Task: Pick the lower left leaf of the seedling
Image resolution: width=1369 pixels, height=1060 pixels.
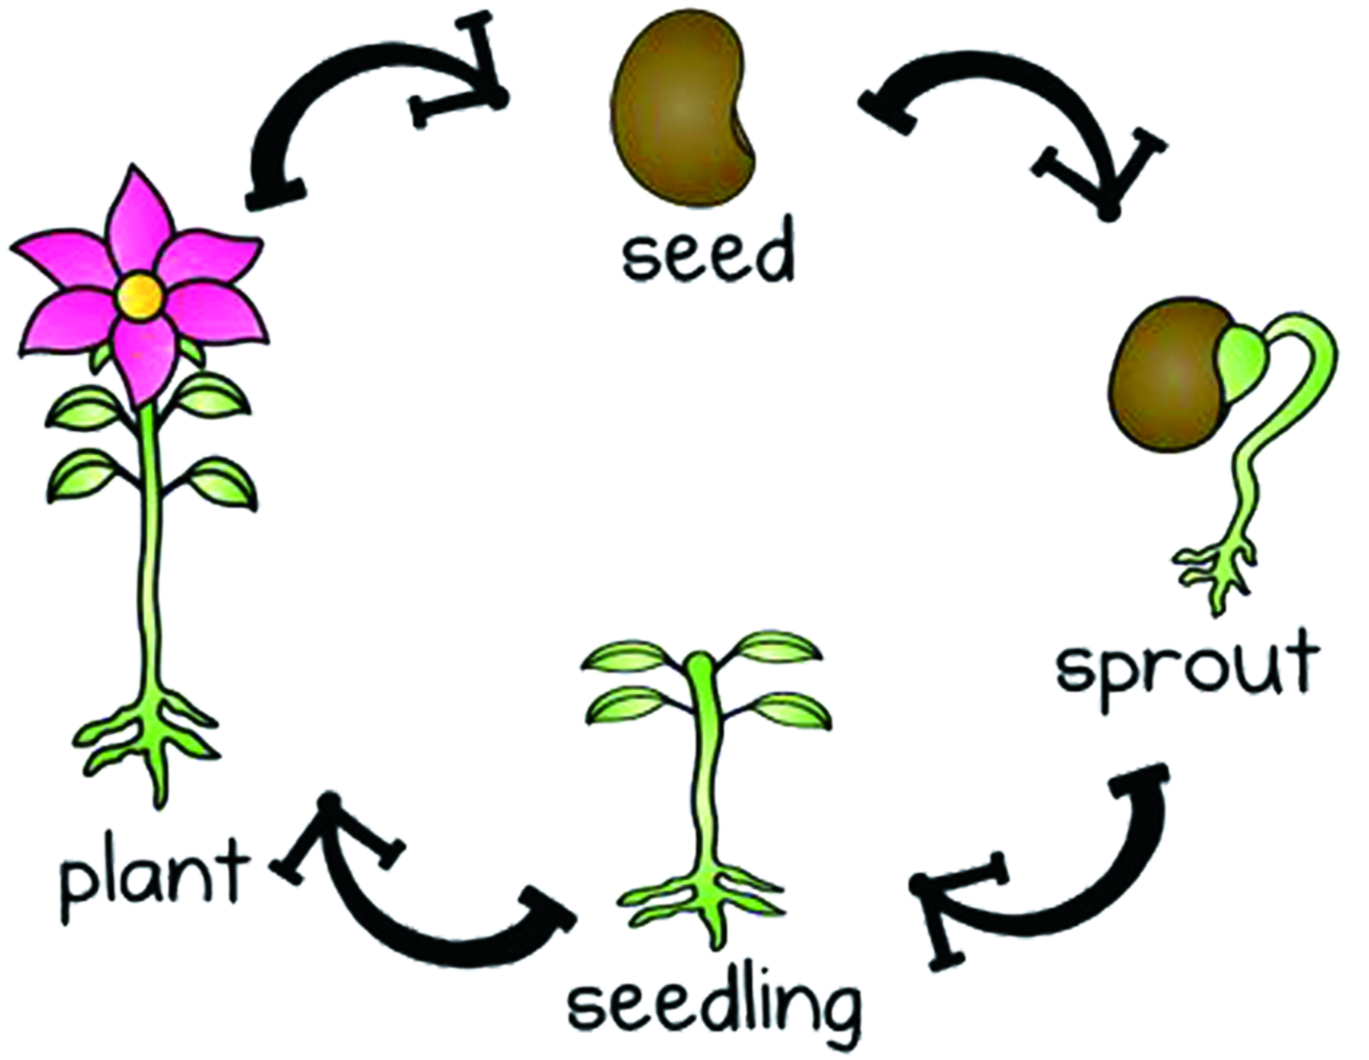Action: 630,705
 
